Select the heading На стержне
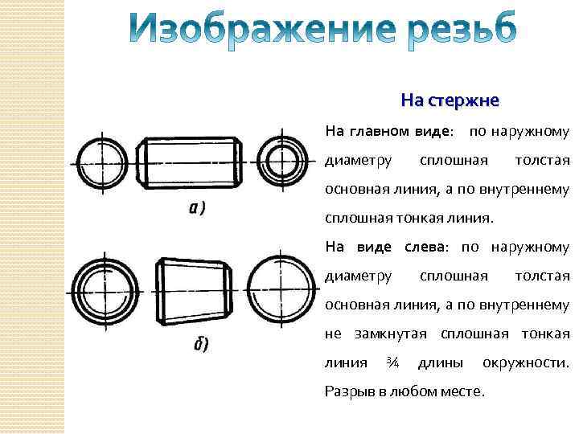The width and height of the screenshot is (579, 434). click(x=450, y=100)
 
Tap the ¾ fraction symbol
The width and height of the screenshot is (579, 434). click(x=392, y=362)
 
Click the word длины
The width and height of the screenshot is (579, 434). click(x=440, y=362)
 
